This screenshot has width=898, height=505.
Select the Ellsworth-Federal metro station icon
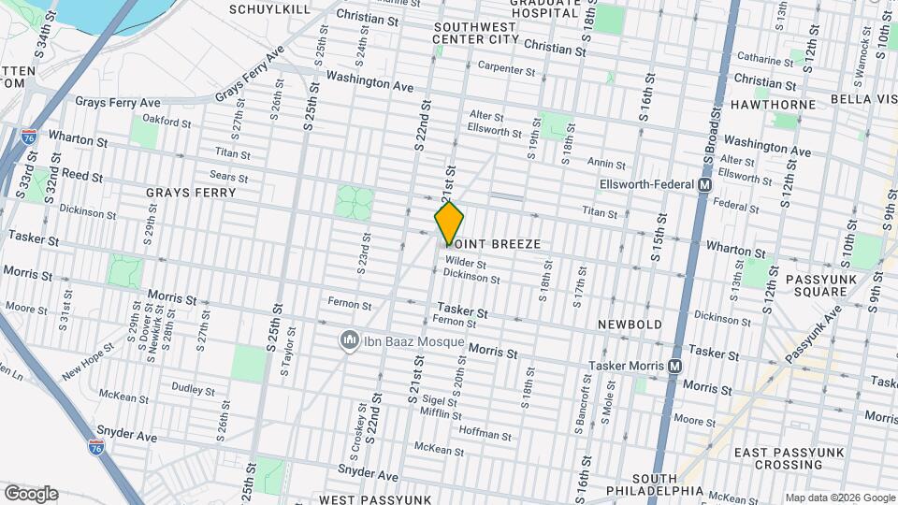click(x=702, y=185)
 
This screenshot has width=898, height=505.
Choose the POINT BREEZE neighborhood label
click(x=494, y=244)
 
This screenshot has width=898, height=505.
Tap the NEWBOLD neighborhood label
click(x=630, y=325)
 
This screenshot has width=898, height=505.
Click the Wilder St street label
click(x=466, y=262)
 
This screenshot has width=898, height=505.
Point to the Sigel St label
click(x=443, y=400)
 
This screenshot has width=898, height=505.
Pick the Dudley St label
click(x=194, y=387)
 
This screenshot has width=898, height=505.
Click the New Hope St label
click(x=88, y=361)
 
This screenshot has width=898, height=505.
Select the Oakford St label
click(x=167, y=121)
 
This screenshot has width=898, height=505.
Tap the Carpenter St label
click(x=506, y=68)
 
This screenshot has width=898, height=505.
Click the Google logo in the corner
click(x=31, y=493)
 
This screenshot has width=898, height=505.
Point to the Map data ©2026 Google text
click(x=838, y=498)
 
